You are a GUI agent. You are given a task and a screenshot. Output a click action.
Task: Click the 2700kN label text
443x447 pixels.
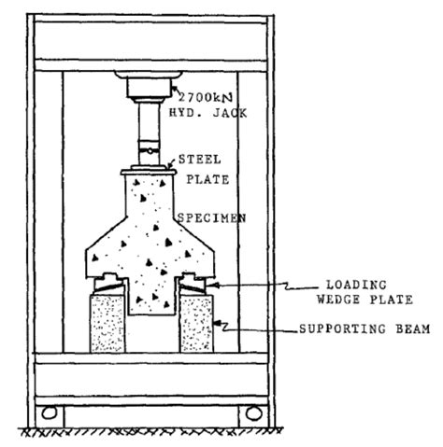[x=206, y=97]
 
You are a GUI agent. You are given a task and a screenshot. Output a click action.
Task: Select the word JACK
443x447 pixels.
[x=230, y=113]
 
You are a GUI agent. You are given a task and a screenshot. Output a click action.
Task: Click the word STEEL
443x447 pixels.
[x=199, y=160]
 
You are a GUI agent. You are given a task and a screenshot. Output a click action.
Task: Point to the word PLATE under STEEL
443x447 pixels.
[x=207, y=179]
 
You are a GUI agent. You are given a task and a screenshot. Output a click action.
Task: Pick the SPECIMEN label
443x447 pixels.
[x=212, y=218]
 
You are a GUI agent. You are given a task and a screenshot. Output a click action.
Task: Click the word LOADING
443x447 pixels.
[x=356, y=285]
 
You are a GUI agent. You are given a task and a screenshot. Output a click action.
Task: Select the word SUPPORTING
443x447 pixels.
[x=342, y=328]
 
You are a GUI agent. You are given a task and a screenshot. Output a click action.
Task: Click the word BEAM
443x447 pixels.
[x=413, y=328]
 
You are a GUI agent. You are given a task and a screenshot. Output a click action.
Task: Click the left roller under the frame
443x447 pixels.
[x=50, y=412]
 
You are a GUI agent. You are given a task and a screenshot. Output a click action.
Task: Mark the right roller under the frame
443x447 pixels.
[x=254, y=413]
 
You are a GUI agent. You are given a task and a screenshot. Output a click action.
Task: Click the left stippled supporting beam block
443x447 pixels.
[x=107, y=324]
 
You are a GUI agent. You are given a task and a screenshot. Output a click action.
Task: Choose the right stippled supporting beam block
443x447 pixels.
[x=196, y=324]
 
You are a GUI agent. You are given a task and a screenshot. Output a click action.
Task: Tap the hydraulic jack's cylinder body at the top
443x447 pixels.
[x=149, y=88]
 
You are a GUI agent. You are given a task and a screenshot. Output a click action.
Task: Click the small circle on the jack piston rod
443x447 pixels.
[x=150, y=151]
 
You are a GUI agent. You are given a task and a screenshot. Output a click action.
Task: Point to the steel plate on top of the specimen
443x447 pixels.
[x=149, y=172]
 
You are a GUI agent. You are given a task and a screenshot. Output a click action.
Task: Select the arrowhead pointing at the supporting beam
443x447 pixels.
[x=219, y=324]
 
